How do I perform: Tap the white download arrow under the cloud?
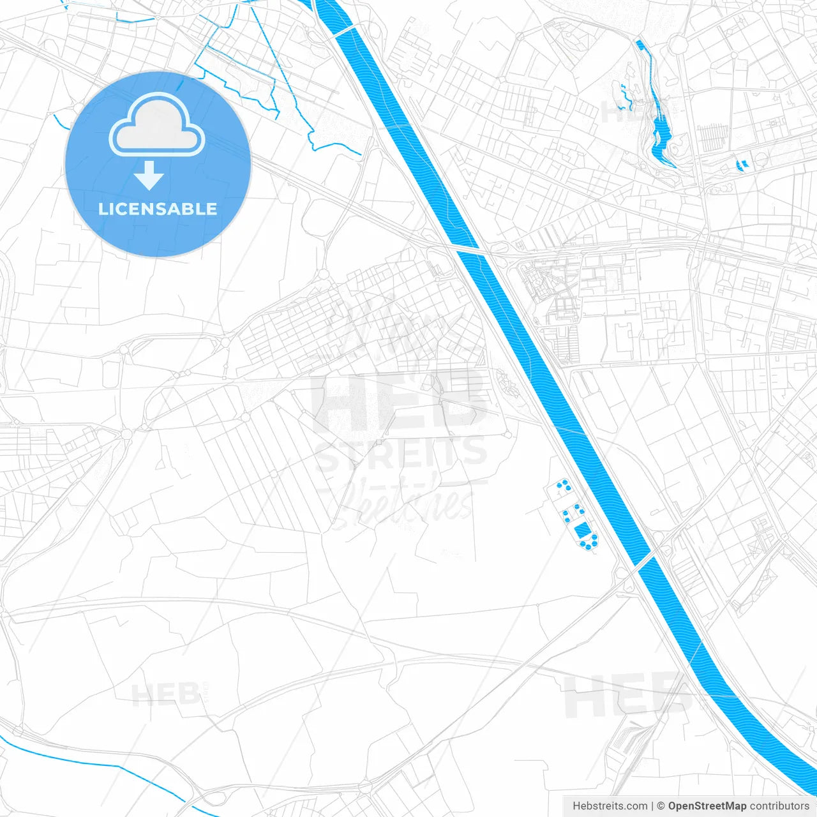tap(149, 176)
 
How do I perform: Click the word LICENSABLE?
tap(158, 209)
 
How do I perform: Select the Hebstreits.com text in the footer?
tap(610, 806)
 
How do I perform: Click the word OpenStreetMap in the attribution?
tap(707, 806)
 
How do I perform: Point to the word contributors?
tap(779, 806)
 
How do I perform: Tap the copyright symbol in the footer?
tap(661, 806)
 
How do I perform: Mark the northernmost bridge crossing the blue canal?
tap(344, 31)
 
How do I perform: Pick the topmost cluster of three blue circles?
tap(563, 486)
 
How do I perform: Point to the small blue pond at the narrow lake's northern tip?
tap(640, 45)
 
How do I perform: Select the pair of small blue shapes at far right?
tap(741, 165)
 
